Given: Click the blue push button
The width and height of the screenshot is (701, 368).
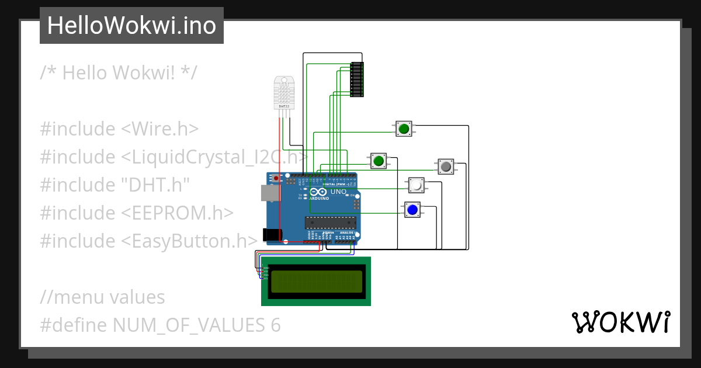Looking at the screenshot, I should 412,210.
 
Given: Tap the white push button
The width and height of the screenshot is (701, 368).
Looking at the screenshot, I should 416,185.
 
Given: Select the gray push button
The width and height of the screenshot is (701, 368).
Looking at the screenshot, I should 446,166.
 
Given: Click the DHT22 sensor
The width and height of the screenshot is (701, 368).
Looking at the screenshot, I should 284,93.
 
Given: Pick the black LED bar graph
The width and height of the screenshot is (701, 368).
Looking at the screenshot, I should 356,79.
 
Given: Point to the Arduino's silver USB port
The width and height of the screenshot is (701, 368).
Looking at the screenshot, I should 269,193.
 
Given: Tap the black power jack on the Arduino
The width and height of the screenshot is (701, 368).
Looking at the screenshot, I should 272,235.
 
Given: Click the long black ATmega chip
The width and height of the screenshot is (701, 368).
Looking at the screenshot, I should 331,222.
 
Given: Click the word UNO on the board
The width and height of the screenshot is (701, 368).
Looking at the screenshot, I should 339,192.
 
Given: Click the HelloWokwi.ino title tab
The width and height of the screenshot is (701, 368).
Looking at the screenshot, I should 131,26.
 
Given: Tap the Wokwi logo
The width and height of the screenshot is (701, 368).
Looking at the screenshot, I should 620,322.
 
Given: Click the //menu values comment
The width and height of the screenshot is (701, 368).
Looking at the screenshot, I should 102,297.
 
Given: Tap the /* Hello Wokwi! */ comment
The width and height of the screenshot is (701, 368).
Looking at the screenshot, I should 119,73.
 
